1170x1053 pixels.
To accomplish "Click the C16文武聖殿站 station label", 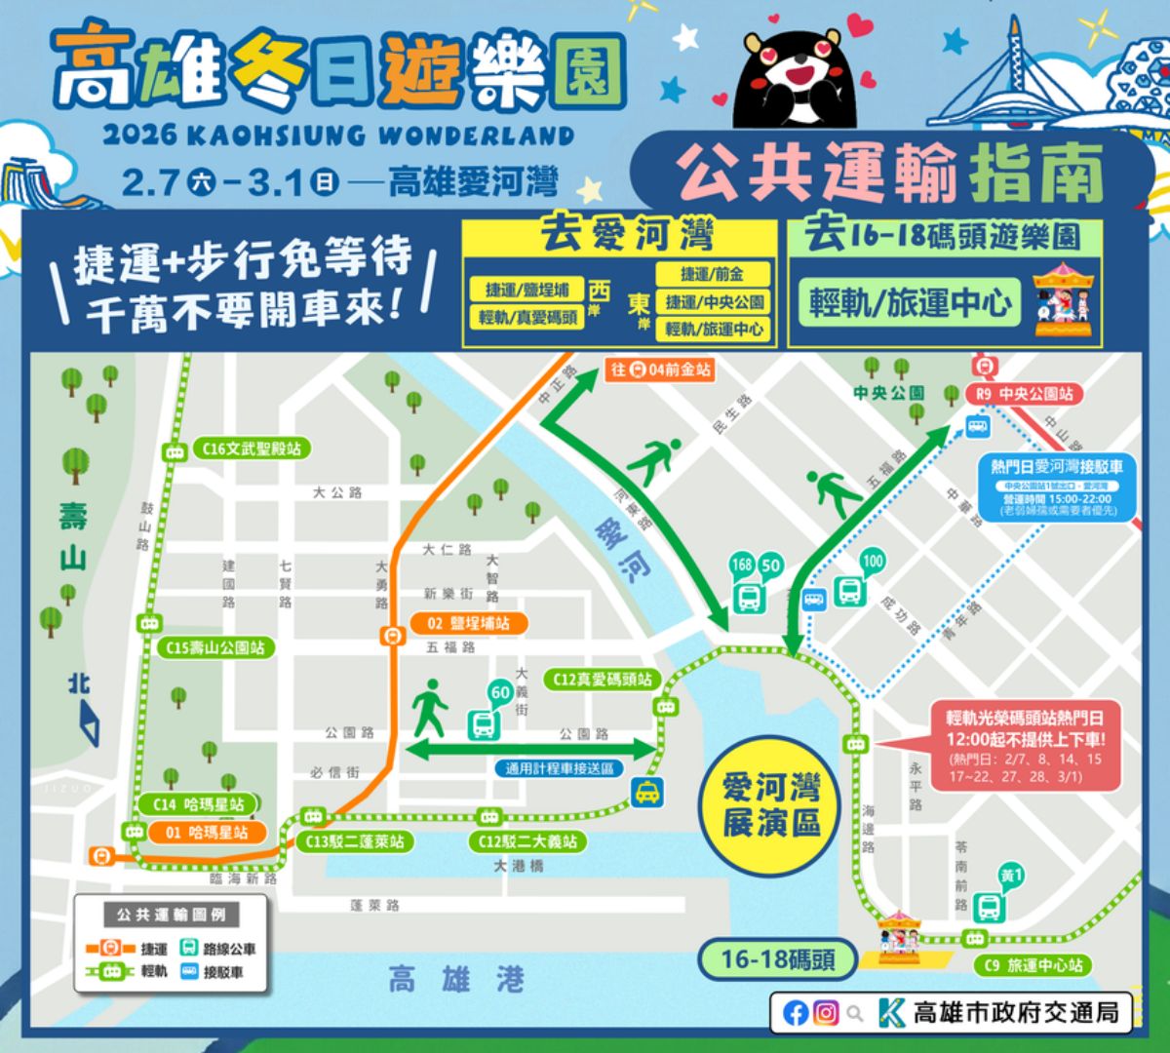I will coord(252,448).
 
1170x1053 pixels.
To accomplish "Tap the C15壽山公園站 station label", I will coord(215,647).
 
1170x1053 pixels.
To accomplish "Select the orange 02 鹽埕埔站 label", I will coord(469,623).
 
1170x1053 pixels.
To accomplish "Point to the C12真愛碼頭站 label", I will coord(603,679).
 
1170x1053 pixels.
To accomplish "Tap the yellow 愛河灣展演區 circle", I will coord(771,804).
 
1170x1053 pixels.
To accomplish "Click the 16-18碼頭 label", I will coord(777,959).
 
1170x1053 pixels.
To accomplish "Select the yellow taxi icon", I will coord(645,793).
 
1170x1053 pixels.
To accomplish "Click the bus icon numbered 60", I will coord(483,724).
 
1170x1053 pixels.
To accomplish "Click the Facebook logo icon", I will coord(796,1013).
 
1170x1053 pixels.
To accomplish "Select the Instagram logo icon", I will coord(826,1013).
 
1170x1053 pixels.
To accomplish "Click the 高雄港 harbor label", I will coord(455,979).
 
